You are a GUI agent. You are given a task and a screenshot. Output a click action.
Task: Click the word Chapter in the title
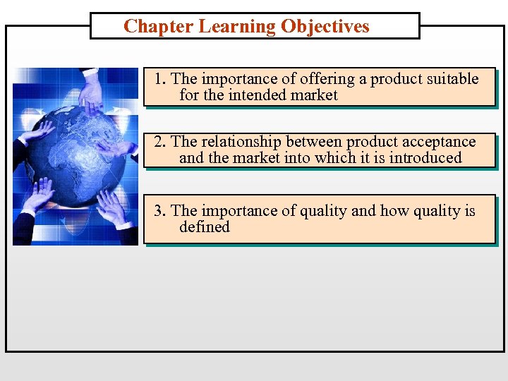pos(159,27)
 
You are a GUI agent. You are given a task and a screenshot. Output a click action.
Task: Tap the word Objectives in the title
pos(325,27)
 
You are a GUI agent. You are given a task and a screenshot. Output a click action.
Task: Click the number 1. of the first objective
pos(161,79)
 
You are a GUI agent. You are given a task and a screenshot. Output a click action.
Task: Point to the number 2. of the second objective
pos(161,142)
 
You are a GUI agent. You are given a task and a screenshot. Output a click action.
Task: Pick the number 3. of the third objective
pos(161,211)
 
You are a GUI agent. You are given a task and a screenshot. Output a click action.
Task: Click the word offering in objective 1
pos(327,79)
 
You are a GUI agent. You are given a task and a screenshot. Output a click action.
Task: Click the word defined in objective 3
pos(205,227)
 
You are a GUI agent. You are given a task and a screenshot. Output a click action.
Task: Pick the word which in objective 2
pos(337,158)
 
